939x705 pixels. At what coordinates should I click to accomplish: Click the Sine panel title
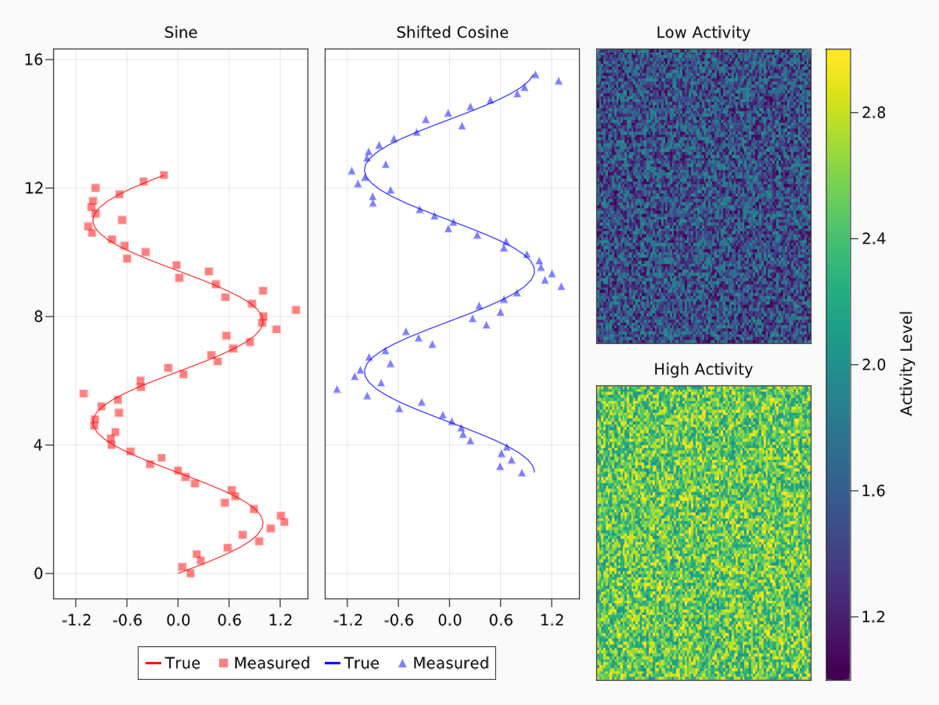pyautogui.click(x=180, y=33)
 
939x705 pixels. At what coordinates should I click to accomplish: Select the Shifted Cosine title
pyautogui.click(x=452, y=33)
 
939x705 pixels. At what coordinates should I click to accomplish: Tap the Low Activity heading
pyautogui.click(x=703, y=33)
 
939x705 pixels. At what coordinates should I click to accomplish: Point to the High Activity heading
pyautogui.click(x=703, y=369)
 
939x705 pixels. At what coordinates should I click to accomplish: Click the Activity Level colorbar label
pyautogui.click(x=907, y=363)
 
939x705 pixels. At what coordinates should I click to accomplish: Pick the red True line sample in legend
pyautogui.click(x=153, y=663)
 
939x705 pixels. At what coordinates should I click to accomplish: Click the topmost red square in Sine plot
pyautogui.click(x=164, y=175)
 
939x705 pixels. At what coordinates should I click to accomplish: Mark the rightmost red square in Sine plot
pyautogui.click(x=296, y=310)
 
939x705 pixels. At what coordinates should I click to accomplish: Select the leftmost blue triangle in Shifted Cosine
pyautogui.click(x=337, y=389)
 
